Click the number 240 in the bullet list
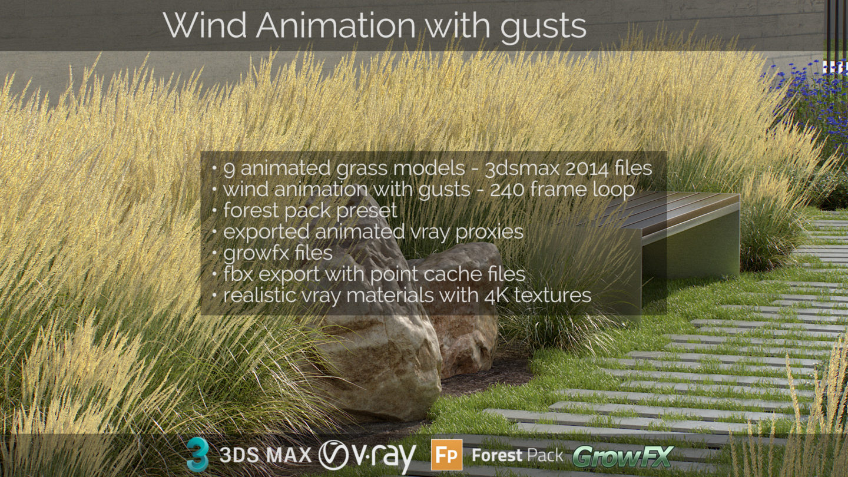pos(506,190)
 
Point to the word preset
pos(367,211)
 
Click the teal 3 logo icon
pos(198,454)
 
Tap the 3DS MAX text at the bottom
pos(266,455)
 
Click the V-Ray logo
pos(367,456)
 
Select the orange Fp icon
pos(447,455)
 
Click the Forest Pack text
pos(518,455)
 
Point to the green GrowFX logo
pos(623,456)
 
